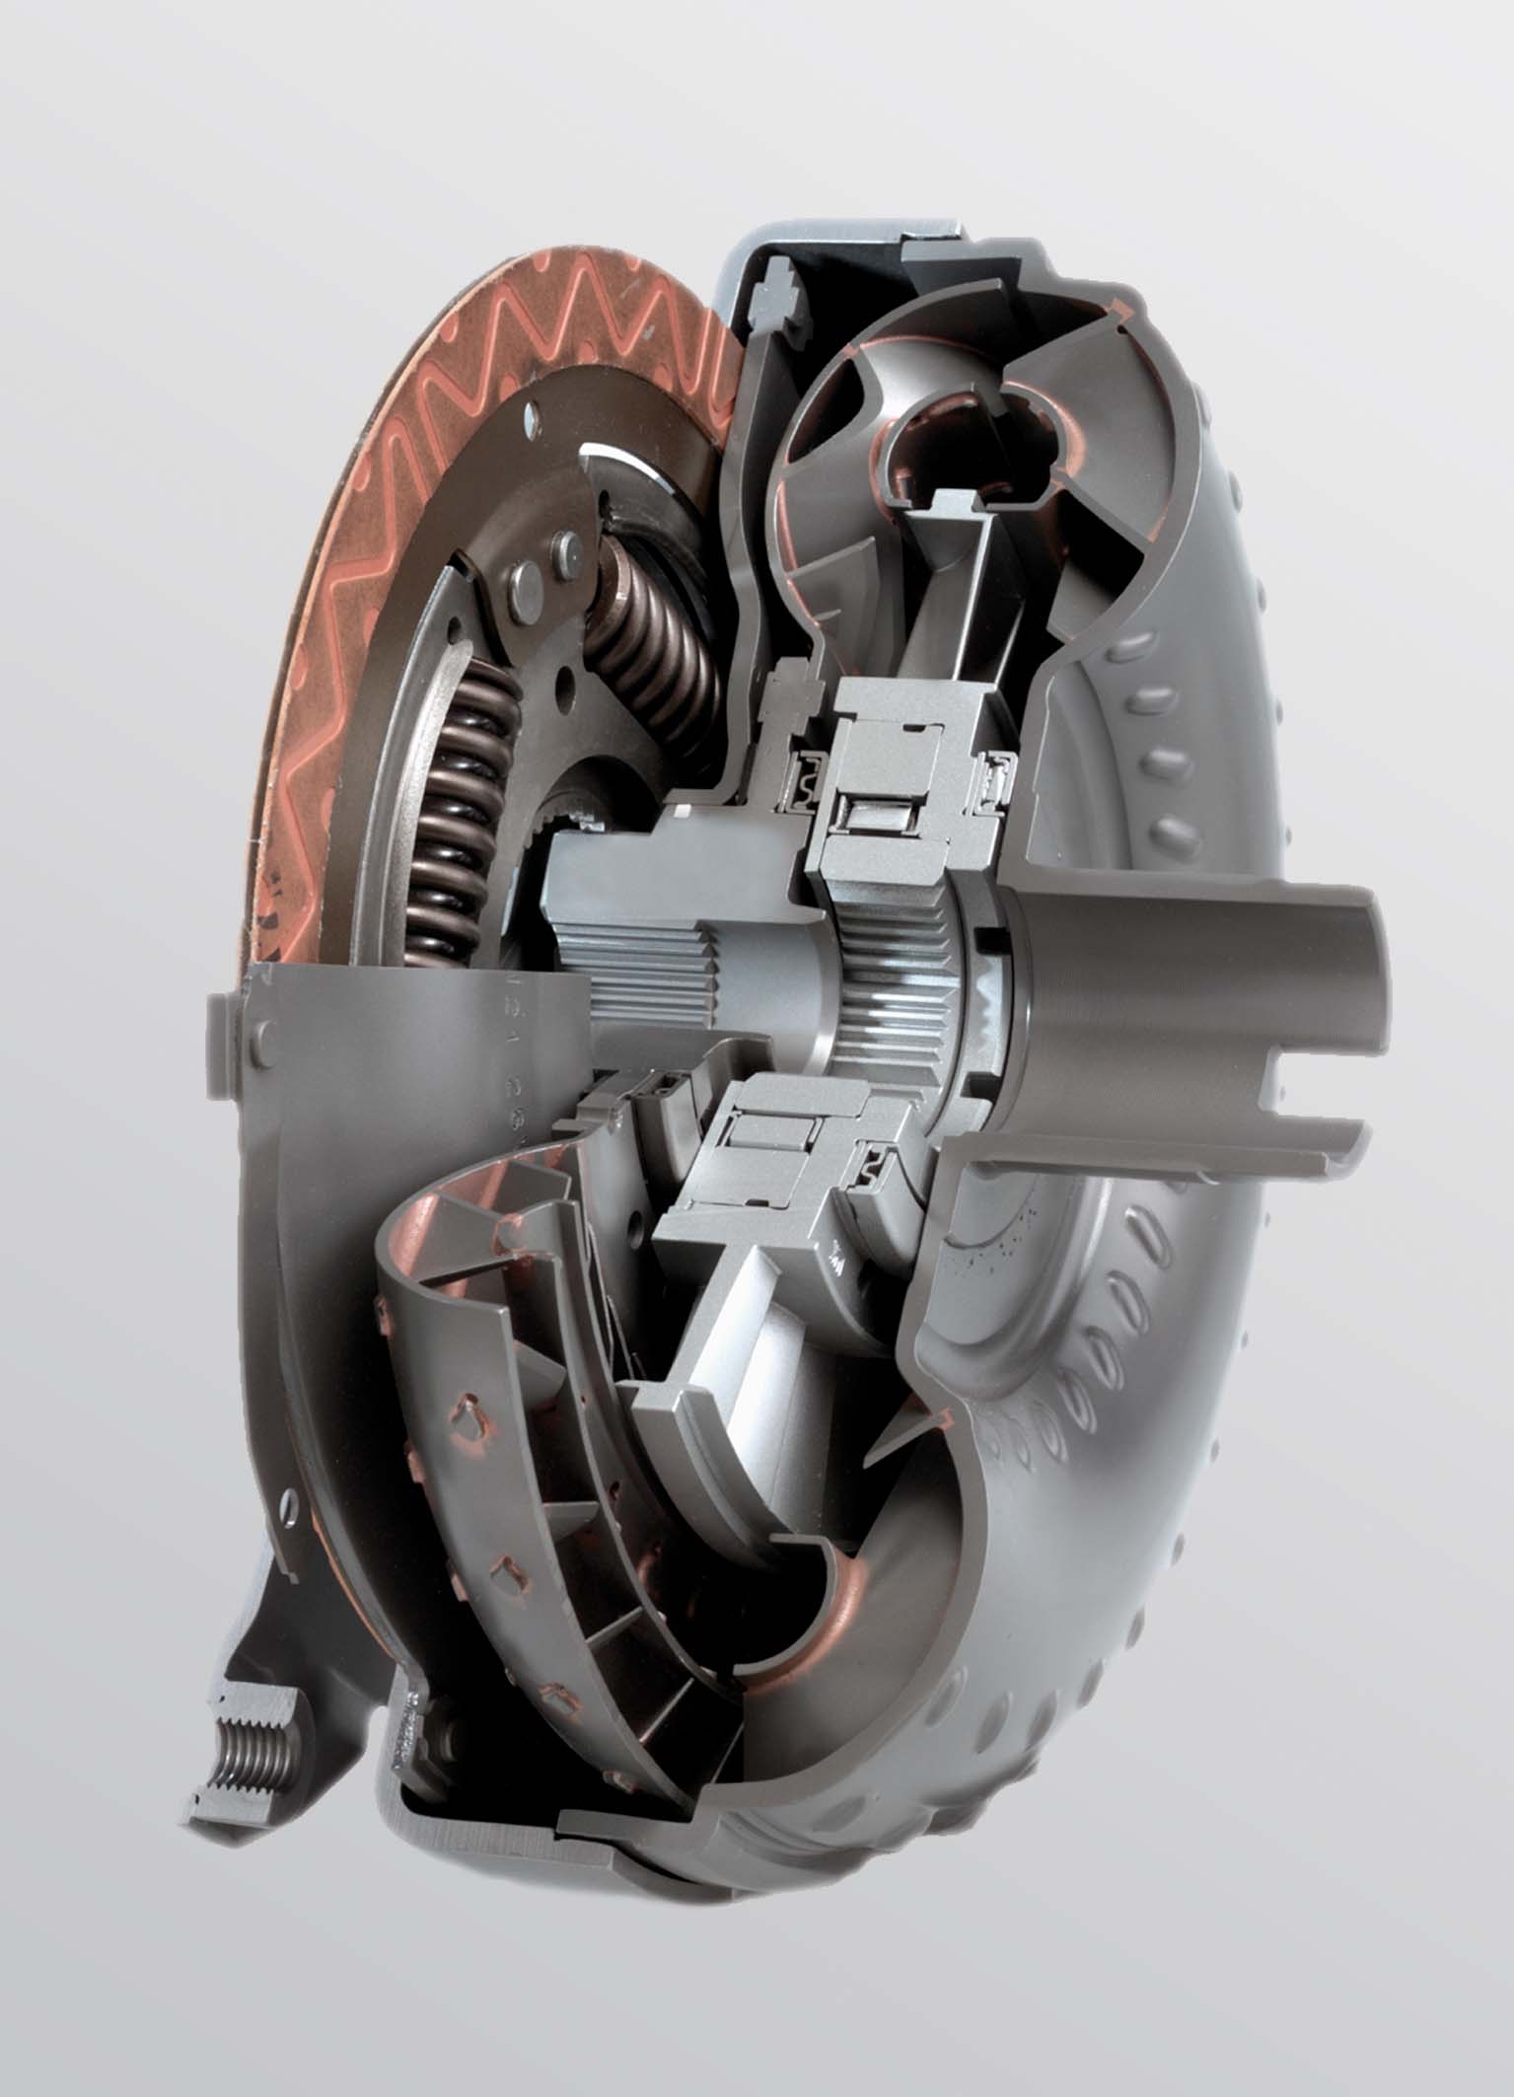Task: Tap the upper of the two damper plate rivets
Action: [564, 543]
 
